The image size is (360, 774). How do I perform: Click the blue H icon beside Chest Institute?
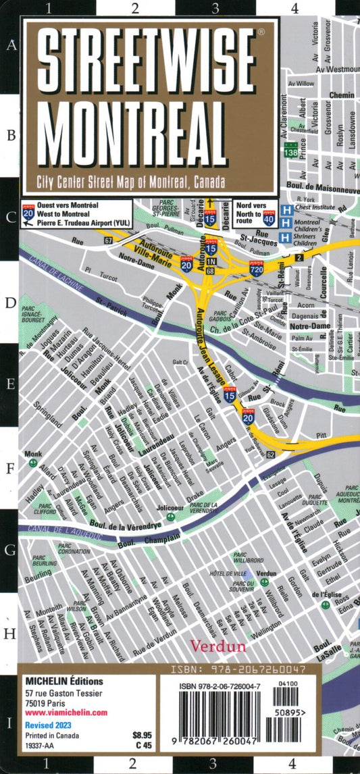(286, 210)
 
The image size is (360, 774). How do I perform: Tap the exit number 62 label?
(270, 455)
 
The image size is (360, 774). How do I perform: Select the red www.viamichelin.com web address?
(66, 713)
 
